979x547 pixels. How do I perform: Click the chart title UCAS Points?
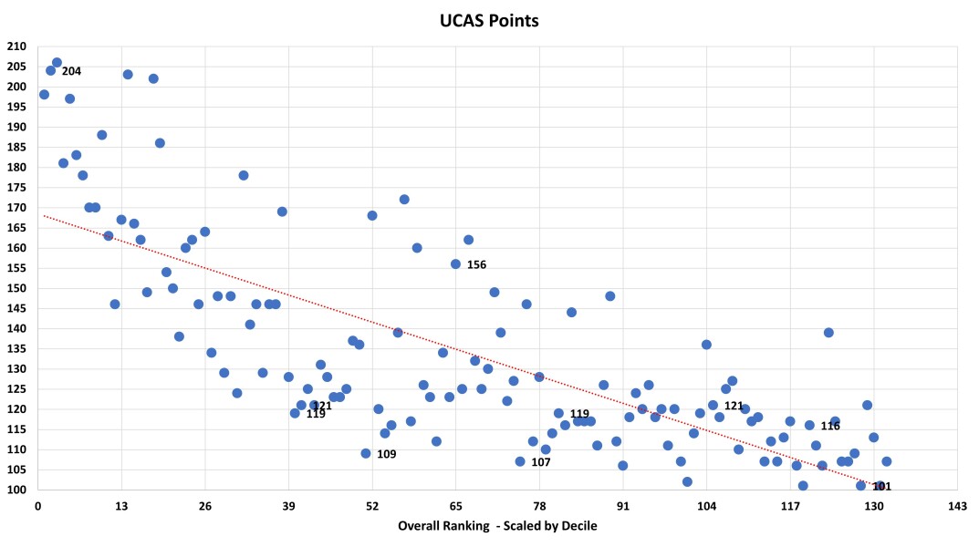pos(489,19)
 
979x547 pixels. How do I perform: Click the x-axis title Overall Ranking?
pos(497,526)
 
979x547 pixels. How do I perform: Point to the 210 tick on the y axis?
pos(18,46)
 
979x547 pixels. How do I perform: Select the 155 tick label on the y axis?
pos(18,268)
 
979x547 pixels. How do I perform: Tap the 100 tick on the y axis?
pos(18,490)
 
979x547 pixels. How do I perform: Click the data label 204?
pos(71,71)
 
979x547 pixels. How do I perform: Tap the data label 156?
pos(476,265)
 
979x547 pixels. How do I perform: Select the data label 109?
pos(386,454)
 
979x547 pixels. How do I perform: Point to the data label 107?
pos(541,462)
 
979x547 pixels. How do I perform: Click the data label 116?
pos(830,426)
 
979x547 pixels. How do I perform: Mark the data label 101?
pos(882,487)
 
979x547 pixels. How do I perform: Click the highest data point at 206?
pos(57,63)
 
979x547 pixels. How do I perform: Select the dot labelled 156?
pos(455,263)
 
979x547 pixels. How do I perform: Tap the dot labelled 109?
pos(366,453)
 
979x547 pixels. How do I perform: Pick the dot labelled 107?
pos(520,461)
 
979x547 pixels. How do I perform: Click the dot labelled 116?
pos(809,425)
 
